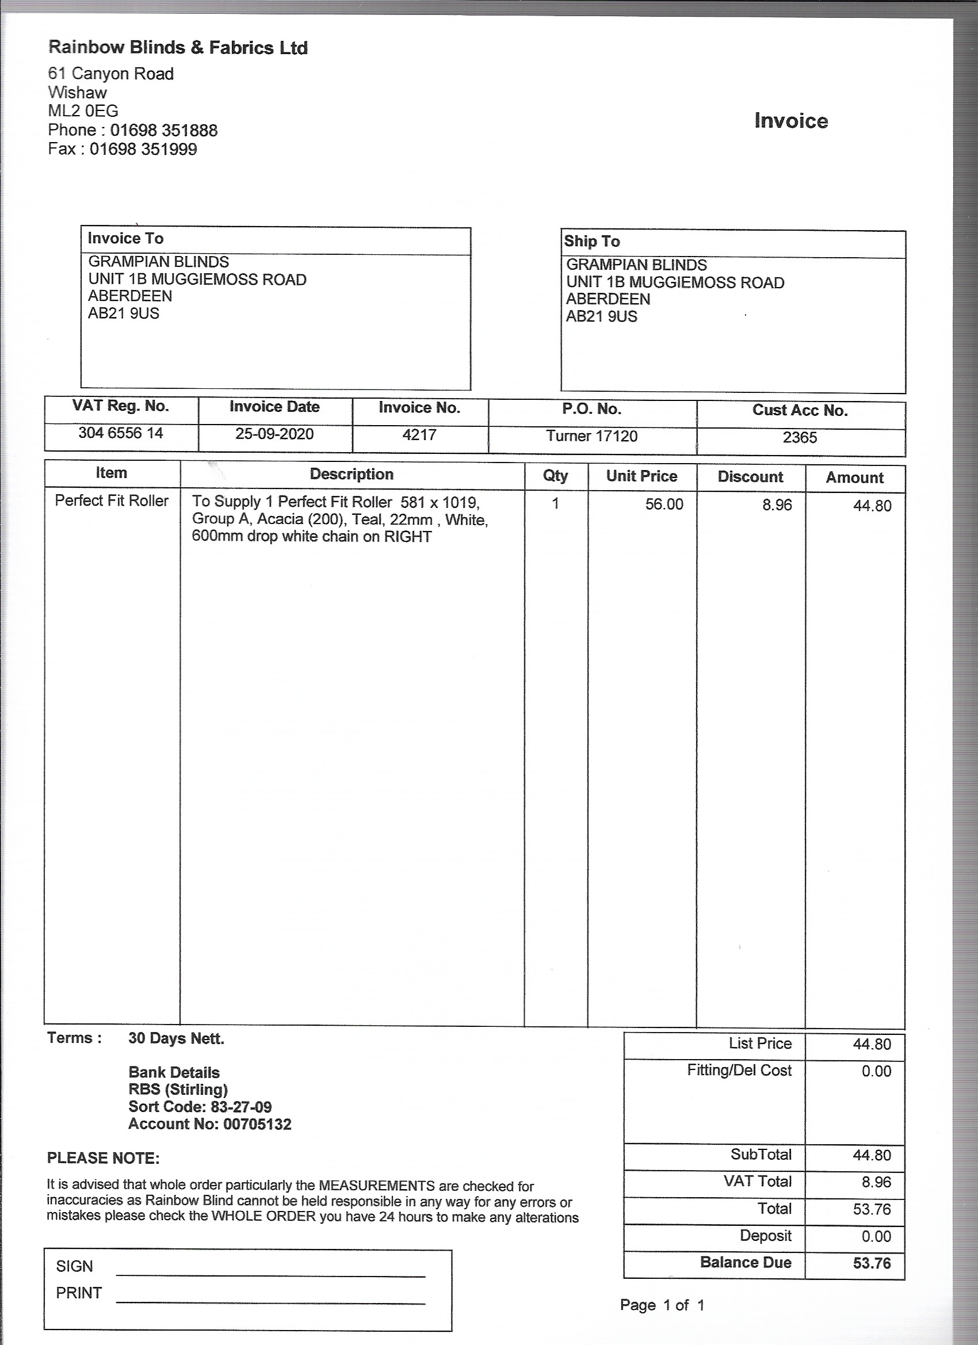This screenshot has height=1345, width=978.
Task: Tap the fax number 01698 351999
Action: [143, 149]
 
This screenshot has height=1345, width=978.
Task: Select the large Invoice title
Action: [790, 121]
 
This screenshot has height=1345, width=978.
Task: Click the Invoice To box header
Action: [126, 238]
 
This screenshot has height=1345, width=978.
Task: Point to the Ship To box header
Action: [591, 242]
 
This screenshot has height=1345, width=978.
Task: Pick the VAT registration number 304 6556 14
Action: [120, 433]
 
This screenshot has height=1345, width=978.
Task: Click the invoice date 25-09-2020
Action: [274, 434]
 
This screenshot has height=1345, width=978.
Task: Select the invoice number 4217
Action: [419, 435]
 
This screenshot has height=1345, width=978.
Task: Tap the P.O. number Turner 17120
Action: [591, 437]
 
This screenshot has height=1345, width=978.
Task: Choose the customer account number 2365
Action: [800, 438]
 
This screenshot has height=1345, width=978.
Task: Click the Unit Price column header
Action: [641, 476]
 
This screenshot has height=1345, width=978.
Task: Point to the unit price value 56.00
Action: [664, 504]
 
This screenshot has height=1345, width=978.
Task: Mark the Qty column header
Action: [555, 476]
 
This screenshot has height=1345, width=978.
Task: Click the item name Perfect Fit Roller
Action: [112, 501]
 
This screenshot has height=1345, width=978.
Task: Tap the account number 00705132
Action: [257, 1125]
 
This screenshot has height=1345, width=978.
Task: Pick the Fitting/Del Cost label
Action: [739, 1071]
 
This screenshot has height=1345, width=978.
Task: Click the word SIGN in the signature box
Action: [74, 1266]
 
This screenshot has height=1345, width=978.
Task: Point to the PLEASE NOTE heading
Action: [103, 1158]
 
